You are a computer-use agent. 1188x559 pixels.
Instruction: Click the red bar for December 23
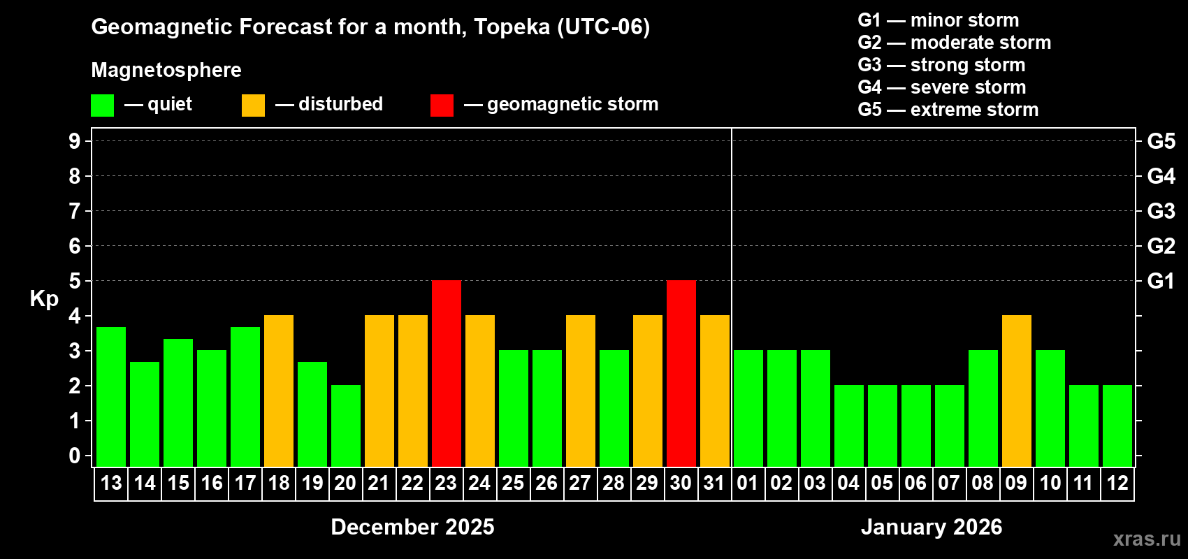click(446, 373)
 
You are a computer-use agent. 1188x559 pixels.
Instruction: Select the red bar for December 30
click(681, 373)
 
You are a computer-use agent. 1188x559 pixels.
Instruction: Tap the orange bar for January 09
click(1016, 391)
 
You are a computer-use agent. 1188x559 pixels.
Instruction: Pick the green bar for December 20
click(345, 426)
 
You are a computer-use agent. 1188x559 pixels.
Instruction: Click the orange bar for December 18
click(278, 391)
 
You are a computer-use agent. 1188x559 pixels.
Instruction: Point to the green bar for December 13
click(110, 396)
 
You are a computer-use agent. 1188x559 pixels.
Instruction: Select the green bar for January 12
click(1117, 426)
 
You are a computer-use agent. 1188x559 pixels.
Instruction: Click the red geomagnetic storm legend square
click(442, 106)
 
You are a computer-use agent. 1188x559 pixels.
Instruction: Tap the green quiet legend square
click(102, 106)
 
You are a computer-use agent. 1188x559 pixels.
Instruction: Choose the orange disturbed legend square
click(253, 106)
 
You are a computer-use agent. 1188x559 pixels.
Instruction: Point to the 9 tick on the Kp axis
click(75, 141)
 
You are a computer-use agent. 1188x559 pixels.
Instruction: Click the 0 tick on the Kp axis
click(75, 456)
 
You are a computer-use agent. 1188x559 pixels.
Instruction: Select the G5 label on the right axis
click(1161, 141)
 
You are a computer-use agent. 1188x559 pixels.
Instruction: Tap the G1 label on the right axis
click(1161, 281)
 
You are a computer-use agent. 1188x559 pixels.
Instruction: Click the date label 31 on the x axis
click(714, 484)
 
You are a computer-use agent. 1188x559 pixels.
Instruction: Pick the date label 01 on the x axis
click(748, 484)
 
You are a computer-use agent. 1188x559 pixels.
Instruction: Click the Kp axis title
click(44, 298)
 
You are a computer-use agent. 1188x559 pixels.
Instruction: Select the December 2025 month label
click(412, 527)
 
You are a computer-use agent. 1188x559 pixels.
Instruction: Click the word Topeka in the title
click(512, 27)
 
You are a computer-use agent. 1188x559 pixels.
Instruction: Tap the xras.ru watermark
click(1147, 539)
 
